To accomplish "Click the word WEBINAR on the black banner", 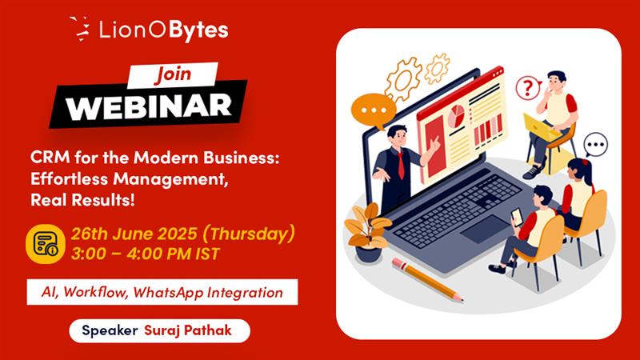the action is pyautogui.click(x=149, y=106).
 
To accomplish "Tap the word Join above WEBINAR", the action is pyautogui.click(x=173, y=74).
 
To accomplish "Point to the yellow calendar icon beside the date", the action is pyautogui.click(x=46, y=244).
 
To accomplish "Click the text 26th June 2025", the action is pyautogui.click(x=134, y=234).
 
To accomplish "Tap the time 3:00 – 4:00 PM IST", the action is pyautogui.click(x=146, y=254).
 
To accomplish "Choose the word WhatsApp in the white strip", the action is pyautogui.click(x=168, y=293).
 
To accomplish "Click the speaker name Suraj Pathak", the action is pyautogui.click(x=188, y=330).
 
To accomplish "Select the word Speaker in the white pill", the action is pyautogui.click(x=110, y=330).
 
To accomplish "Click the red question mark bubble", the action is pyautogui.click(x=528, y=87).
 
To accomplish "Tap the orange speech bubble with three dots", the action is pyautogui.click(x=373, y=110).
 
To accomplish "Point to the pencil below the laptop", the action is pyautogui.click(x=427, y=280).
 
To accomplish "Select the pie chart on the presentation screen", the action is pyautogui.click(x=456, y=115).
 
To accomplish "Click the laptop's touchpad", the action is pyautogui.click(x=486, y=230).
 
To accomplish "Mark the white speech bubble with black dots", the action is pyautogui.click(x=595, y=145).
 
